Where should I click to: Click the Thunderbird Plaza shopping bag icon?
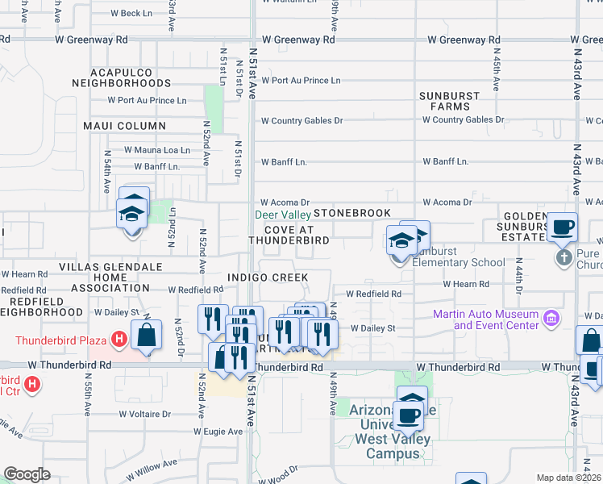tap(148, 336)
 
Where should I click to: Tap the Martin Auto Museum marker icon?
tap(551, 317)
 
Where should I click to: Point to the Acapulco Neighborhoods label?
tap(121, 77)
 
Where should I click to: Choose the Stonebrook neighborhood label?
tap(351, 213)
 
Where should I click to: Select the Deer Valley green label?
tap(283, 215)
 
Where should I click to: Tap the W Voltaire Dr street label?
tap(143, 414)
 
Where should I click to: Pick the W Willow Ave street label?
tap(151, 464)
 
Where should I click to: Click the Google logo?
tap(27, 474)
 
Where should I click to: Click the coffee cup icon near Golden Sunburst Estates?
tap(562, 227)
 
